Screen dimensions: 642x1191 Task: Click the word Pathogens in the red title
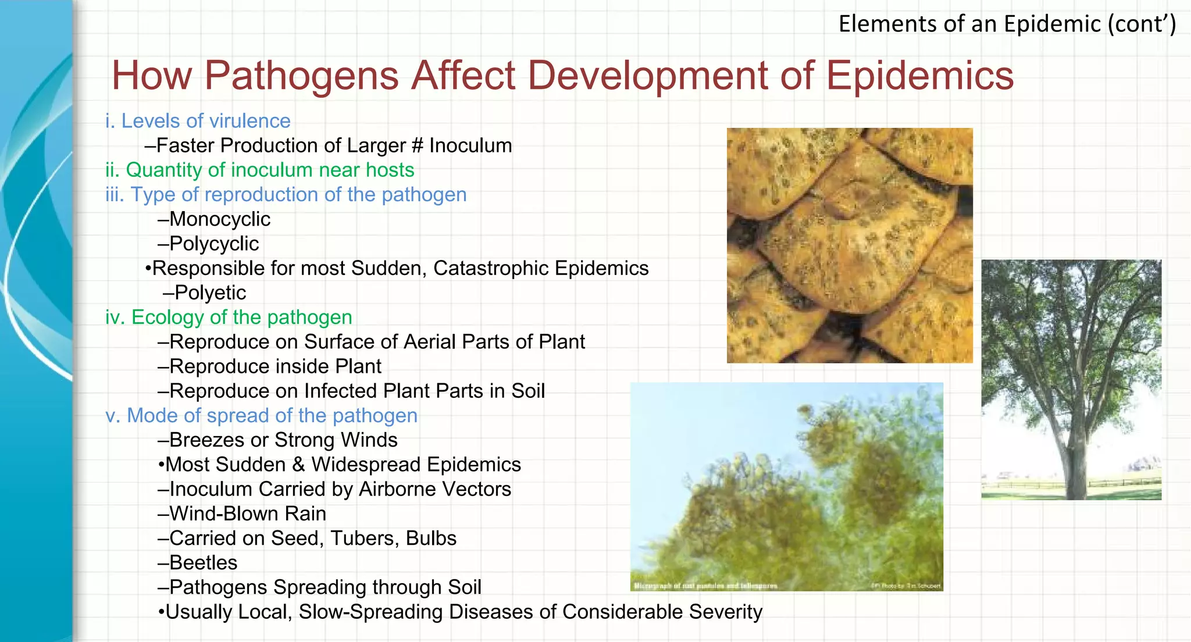(x=301, y=76)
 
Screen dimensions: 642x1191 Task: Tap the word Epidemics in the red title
(x=919, y=76)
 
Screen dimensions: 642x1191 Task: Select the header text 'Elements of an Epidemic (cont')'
(x=1007, y=24)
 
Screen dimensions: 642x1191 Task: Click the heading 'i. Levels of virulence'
(x=198, y=121)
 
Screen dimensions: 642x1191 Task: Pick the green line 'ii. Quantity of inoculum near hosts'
(x=259, y=170)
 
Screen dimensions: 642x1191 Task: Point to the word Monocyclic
(x=220, y=219)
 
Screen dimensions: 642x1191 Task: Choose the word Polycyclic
(x=214, y=244)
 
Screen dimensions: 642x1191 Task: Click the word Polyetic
(x=210, y=293)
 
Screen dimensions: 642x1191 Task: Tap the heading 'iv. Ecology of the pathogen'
(x=229, y=318)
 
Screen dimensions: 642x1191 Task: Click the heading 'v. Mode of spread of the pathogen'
(x=261, y=416)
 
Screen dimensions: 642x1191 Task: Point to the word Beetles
(x=204, y=563)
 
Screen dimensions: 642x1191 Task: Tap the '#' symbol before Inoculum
(x=417, y=145)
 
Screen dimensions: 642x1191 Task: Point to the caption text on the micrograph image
(x=705, y=586)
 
